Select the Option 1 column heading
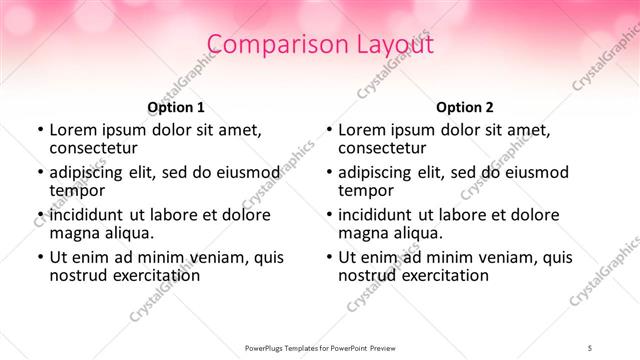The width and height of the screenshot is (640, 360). click(176, 106)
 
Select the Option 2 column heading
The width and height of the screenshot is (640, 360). click(465, 106)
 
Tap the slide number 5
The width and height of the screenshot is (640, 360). click(590, 347)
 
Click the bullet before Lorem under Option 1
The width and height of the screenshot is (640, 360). click(39, 130)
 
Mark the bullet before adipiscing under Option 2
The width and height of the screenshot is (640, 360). click(328, 172)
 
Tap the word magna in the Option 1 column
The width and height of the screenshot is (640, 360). click(75, 232)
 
